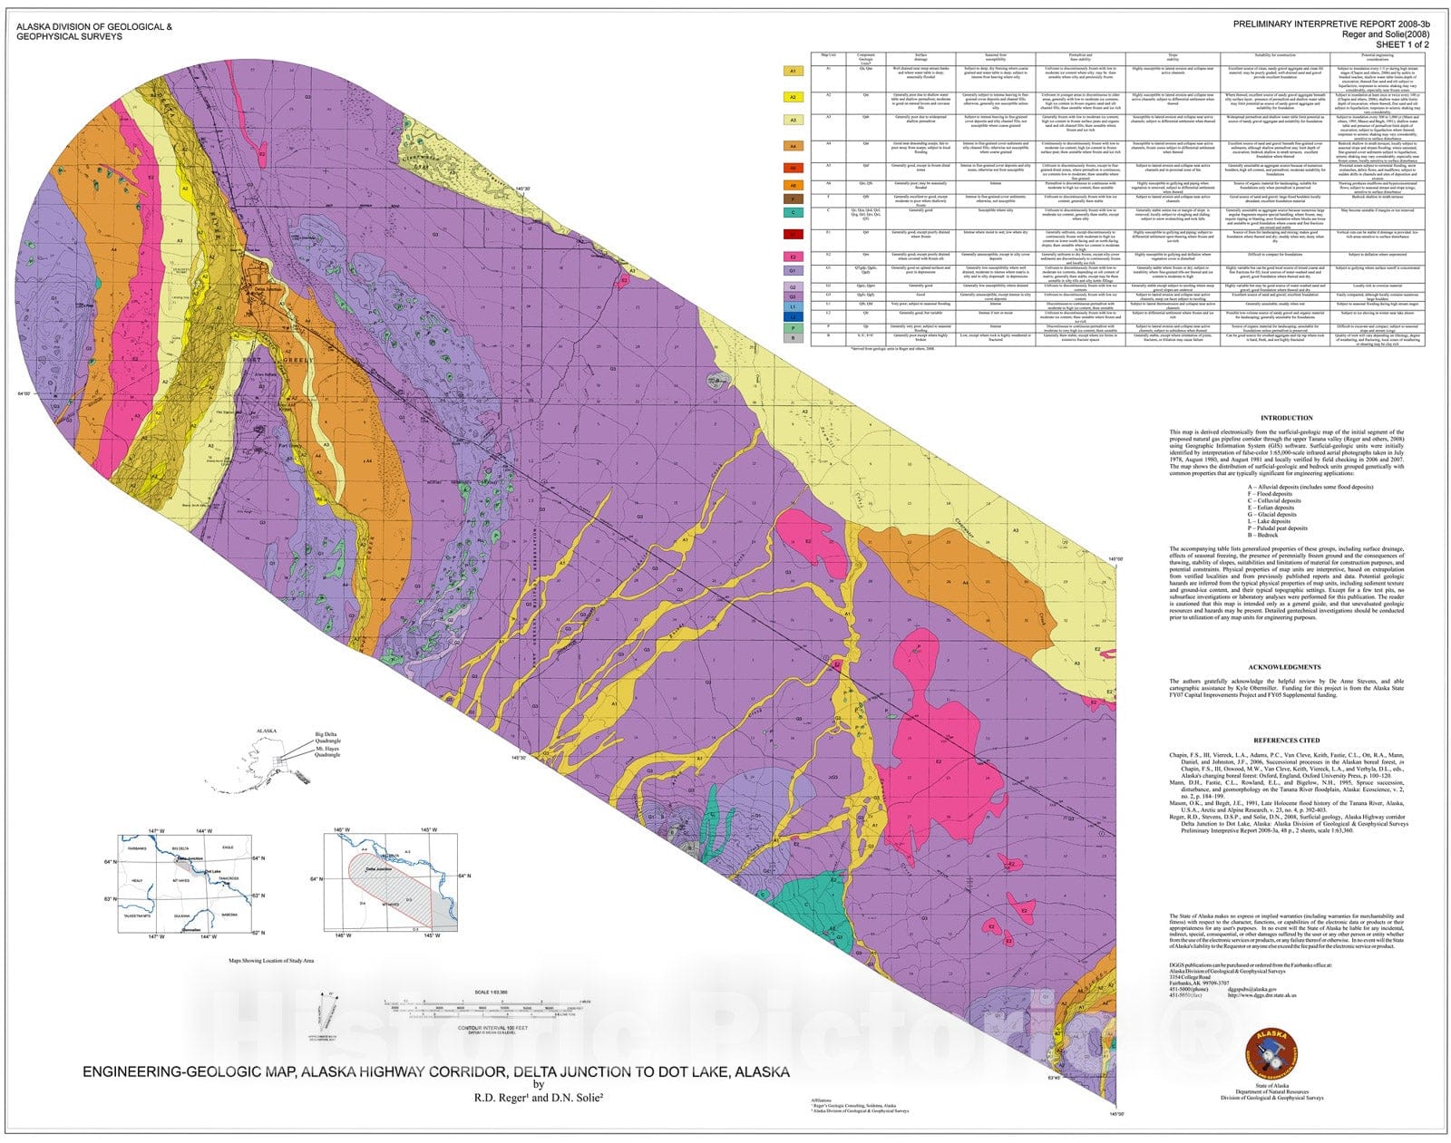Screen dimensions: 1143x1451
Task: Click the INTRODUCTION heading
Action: coord(1286,419)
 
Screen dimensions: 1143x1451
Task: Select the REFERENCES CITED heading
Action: coord(1286,741)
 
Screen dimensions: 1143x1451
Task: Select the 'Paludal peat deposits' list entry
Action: coord(1280,528)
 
